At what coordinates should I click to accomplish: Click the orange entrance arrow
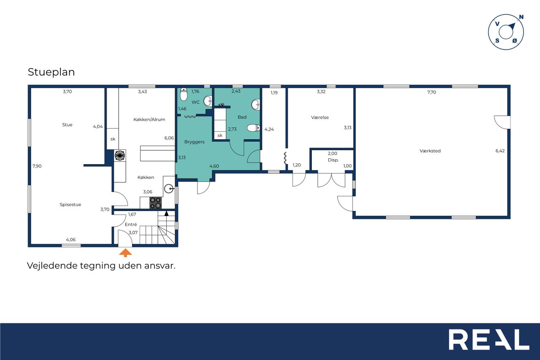click(x=126, y=253)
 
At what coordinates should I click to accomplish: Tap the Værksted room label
click(x=430, y=151)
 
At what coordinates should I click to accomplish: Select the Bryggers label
click(x=194, y=142)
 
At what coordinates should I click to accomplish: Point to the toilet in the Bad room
click(x=254, y=128)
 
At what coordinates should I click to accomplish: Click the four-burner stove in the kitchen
click(x=156, y=203)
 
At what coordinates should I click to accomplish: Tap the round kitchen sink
click(x=169, y=188)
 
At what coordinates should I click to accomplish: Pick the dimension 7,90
click(x=37, y=166)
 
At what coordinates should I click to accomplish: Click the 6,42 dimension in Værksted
click(x=500, y=151)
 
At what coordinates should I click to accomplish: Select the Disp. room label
click(x=333, y=160)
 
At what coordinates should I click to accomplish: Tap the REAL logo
click(x=489, y=339)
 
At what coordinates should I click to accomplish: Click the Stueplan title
click(x=51, y=72)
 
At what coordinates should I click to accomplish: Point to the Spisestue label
click(x=70, y=205)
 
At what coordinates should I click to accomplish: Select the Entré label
click(x=131, y=225)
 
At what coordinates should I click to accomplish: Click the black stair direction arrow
click(x=166, y=214)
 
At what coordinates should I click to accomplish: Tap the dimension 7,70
click(x=432, y=92)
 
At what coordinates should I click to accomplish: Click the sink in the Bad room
click(x=256, y=105)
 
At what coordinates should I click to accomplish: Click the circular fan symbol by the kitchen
click(x=120, y=156)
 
